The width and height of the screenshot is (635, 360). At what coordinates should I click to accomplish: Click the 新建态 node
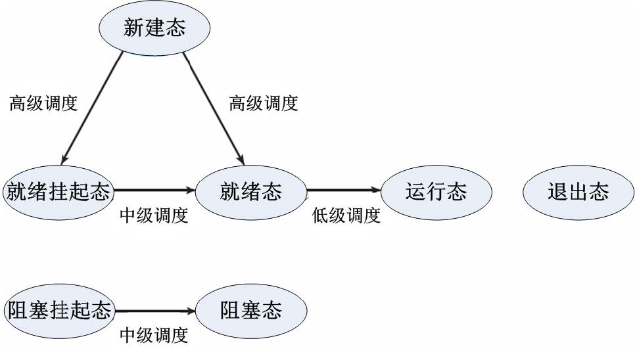pyautogui.click(x=154, y=28)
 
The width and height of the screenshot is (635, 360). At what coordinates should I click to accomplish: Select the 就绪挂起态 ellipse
pyautogui.click(x=59, y=192)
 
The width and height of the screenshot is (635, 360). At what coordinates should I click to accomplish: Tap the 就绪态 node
pyautogui.click(x=251, y=192)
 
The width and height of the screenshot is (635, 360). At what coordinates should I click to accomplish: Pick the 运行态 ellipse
pyautogui.click(x=436, y=192)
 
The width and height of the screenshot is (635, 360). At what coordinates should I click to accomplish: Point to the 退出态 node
pyautogui.click(x=578, y=192)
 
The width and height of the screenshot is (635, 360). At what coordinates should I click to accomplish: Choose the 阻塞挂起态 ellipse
pyautogui.click(x=59, y=311)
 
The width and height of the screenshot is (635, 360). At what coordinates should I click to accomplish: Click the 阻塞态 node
pyautogui.click(x=251, y=311)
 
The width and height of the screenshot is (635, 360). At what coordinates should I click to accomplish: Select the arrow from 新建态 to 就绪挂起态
pyautogui.click(x=92, y=108)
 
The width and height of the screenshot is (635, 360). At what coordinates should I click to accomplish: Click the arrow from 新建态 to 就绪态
pyautogui.click(x=214, y=108)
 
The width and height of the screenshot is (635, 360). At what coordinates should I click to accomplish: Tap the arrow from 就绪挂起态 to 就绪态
pyautogui.click(x=154, y=190)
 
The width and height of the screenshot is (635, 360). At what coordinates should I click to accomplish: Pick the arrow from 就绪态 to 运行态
pyautogui.click(x=344, y=190)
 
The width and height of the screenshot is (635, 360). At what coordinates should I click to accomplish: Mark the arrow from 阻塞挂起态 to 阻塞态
pyautogui.click(x=156, y=311)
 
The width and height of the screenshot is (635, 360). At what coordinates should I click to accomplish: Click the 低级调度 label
pyautogui.click(x=346, y=215)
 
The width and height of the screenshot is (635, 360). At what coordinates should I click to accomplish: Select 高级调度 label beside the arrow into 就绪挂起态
pyautogui.click(x=43, y=104)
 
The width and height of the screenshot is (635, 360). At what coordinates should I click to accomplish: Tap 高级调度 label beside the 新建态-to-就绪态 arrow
pyautogui.click(x=264, y=104)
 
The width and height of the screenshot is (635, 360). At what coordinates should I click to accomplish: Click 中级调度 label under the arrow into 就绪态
pyautogui.click(x=154, y=215)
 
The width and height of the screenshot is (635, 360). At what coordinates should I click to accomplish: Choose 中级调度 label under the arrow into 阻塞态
pyautogui.click(x=154, y=335)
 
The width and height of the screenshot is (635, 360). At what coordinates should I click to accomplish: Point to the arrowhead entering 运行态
pyautogui.click(x=376, y=190)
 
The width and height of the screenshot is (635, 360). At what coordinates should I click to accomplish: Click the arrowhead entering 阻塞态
pyautogui.click(x=191, y=311)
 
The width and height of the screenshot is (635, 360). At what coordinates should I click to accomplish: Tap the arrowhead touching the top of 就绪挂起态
pyautogui.click(x=64, y=160)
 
